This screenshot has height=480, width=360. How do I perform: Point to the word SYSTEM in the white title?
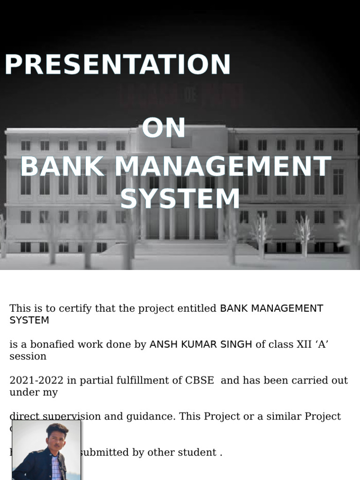coord(180,199)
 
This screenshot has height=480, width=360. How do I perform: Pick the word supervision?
coord(67,416)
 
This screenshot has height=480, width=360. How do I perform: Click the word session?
coord(28,356)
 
